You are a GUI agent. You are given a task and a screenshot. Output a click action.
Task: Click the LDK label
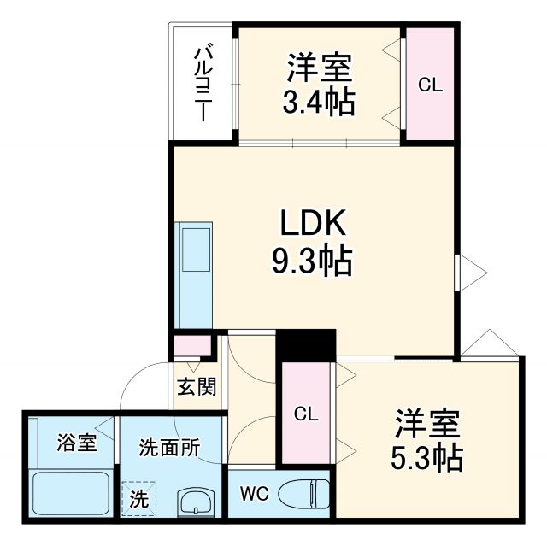coord(312,224)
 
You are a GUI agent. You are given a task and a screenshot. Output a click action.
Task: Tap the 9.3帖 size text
coord(312,262)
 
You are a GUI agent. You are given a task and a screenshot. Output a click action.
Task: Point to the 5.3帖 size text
coord(427,459)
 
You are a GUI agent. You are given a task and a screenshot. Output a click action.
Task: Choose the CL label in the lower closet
coord(306,414)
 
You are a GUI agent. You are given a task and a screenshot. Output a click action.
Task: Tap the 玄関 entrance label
coord(196,387)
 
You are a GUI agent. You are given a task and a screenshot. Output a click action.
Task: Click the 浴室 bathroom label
coord(76,443)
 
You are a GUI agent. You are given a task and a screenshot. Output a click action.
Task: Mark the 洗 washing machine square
coord(137,498)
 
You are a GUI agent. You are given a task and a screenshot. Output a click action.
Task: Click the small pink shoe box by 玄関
coord(192,346)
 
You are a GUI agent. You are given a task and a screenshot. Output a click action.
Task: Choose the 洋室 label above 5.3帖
coord(427,422)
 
